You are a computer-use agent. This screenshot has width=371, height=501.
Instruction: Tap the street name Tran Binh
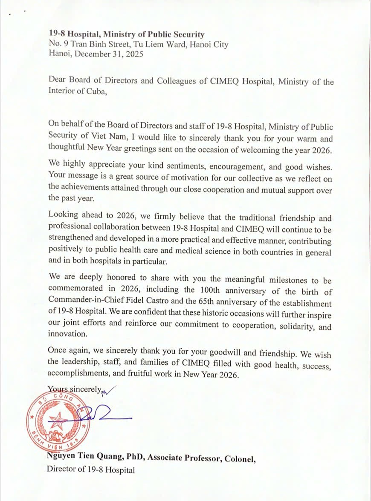point(90,44)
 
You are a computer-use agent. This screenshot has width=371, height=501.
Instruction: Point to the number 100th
point(209,291)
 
